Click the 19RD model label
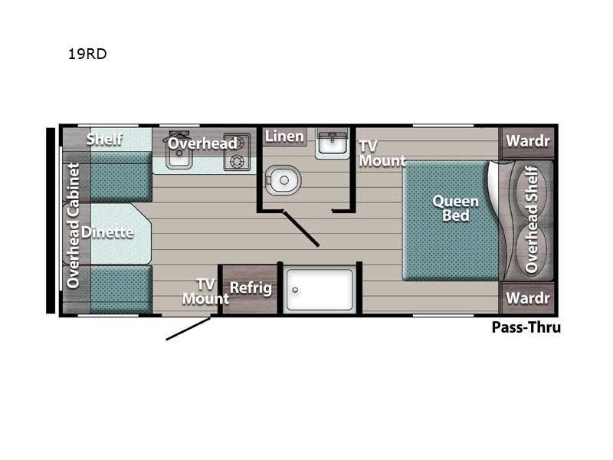87,54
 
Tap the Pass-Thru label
526,327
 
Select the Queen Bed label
455,208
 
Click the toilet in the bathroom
283,180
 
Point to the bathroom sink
332,143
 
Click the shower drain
295,290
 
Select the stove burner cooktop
237,152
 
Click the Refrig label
251,288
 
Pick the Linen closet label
284,136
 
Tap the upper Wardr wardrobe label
528,141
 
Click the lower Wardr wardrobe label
528,298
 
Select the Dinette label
107,232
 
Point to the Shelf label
104,140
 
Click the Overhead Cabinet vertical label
73,225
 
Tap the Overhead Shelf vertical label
531,219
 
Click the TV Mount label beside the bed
382,153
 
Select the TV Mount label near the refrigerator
205,291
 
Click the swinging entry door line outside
188,329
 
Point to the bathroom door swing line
301,228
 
